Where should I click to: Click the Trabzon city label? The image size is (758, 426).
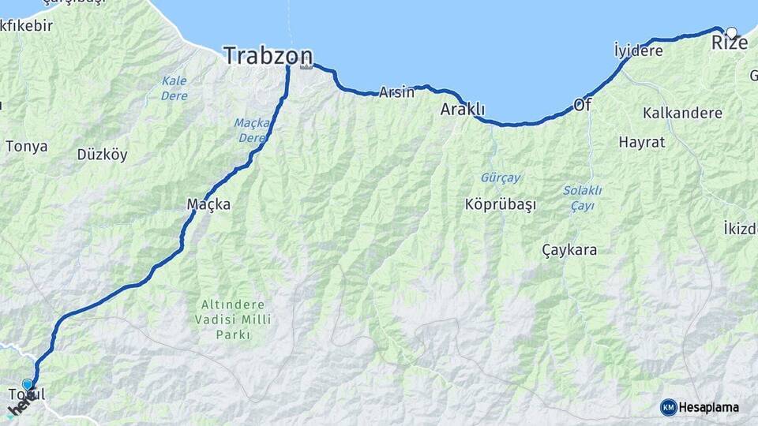[x=268, y=55]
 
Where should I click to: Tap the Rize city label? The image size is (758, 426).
[x=730, y=43]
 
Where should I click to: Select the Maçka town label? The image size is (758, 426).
[x=208, y=204]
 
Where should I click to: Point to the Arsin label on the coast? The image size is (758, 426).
[x=396, y=92]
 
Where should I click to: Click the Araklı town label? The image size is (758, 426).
[x=462, y=110]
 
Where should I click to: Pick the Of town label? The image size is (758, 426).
[x=582, y=104]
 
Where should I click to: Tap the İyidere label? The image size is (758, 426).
[x=638, y=51]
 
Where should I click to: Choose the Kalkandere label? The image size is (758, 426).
[x=682, y=113]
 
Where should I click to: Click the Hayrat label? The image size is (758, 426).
[x=641, y=143]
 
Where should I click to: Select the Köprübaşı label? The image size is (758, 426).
[x=501, y=204]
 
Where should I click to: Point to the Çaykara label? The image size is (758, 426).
[x=569, y=250]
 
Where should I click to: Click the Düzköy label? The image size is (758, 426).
[x=102, y=155]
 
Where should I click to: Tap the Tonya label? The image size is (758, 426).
[x=27, y=146]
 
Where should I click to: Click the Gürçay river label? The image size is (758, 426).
[x=501, y=177]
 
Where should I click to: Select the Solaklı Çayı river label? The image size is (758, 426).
[x=583, y=198]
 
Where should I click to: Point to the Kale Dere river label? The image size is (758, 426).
[x=174, y=87]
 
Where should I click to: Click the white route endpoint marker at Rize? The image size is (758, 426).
[x=731, y=32]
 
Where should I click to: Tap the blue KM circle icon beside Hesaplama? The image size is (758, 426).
[x=668, y=407]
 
